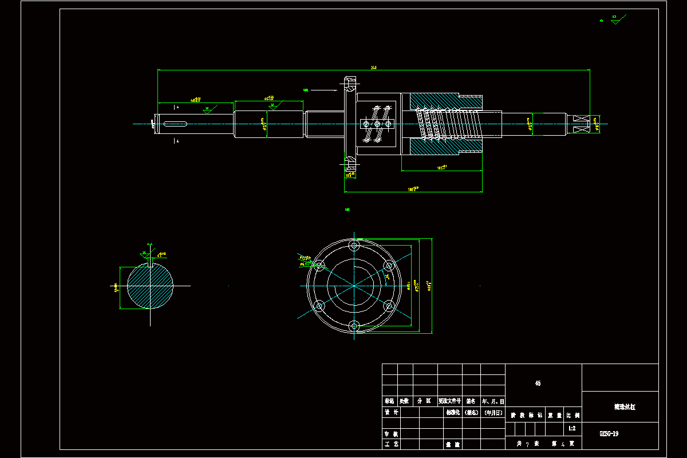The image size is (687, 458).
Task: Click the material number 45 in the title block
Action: (538, 384)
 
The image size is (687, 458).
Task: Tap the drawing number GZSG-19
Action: (609, 433)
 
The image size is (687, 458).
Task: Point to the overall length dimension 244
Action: (374, 68)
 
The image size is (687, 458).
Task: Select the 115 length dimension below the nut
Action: (441, 168)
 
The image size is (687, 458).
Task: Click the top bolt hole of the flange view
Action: (354, 246)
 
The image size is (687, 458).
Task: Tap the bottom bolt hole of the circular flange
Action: (354, 326)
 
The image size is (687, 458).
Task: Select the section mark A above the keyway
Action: (177, 107)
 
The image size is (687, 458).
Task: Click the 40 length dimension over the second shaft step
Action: (269, 98)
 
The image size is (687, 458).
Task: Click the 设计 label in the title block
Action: (390, 412)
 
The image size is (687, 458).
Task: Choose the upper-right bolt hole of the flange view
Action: (389, 266)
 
